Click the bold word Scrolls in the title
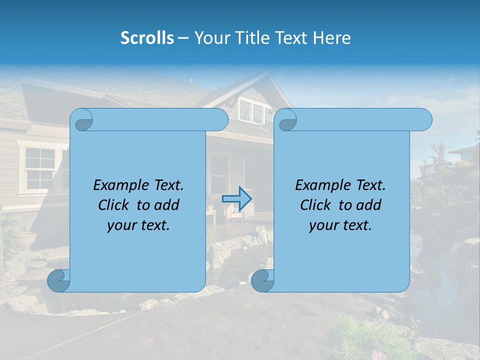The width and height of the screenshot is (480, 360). (x=147, y=38)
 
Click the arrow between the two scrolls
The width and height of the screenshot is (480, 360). (x=243, y=198)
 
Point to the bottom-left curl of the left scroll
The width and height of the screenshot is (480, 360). (x=59, y=281)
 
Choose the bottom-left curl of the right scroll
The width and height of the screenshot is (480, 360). (x=262, y=281)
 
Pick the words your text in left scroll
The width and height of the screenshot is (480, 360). (x=138, y=225)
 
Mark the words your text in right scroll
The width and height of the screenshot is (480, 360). (x=340, y=225)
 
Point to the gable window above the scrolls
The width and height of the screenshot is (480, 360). (x=251, y=111)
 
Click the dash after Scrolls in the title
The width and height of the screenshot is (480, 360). (x=183, y=38)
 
